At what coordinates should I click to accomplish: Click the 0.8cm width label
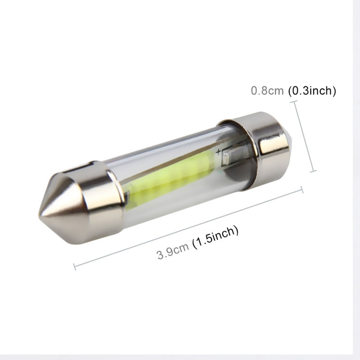267,91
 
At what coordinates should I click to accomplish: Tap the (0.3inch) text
312,91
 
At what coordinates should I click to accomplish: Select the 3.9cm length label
173,251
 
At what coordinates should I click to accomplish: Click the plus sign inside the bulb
219,153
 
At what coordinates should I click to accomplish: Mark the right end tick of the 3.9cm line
302,189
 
